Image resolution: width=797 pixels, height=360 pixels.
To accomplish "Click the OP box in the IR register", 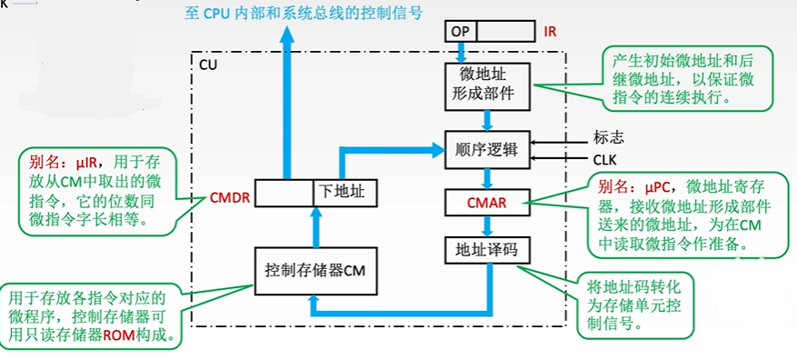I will pos(460,31).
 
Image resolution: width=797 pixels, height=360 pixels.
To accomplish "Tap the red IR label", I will pos(550,32).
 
